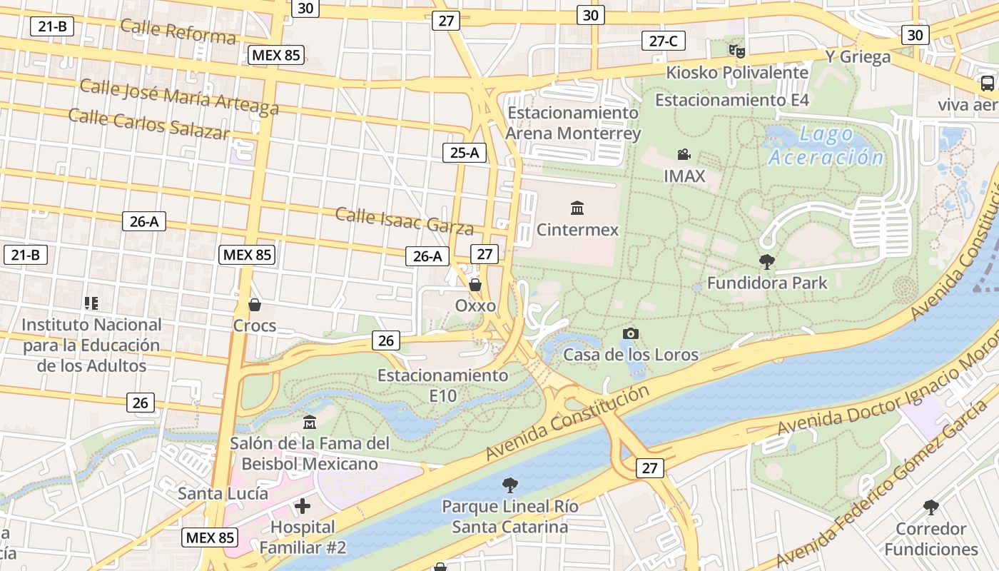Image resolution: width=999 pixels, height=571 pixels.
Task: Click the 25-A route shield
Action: [x=465, y=152]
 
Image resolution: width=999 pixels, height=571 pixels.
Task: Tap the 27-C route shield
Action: [x=663, y=41]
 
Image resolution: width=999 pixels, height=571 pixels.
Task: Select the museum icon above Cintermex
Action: [x=577, y=208]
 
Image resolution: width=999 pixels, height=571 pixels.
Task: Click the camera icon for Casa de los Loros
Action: [x=630, y=333]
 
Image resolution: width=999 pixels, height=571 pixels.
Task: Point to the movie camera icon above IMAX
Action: [x=684, y=155]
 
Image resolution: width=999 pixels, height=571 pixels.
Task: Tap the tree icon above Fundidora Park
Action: [x=767, y=261]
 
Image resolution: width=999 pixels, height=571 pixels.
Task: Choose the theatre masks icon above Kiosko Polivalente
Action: [x=736, y=51]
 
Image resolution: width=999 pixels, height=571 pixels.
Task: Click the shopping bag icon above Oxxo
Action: [x=475, y=285]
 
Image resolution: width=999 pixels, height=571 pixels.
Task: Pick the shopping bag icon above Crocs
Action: [x=255, y=305]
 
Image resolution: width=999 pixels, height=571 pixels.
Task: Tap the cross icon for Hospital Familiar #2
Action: [x=303, y=507]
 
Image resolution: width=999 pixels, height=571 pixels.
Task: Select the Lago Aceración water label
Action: [x=826, y=146]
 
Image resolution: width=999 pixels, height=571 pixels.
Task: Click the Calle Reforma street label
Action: [x=178, y=31]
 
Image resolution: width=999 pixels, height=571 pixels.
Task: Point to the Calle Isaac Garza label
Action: [x=404, y=221]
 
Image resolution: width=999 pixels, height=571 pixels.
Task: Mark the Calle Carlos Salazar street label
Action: [x=149, y=123]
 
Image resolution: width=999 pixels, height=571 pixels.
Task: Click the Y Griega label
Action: [x=858, y=56]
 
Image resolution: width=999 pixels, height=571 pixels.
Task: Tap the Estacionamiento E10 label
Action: [x=442, y=385]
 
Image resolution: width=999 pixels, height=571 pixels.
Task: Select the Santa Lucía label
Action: [x=223, y=493]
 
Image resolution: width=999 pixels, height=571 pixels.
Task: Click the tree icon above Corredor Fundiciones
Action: [x=930, y=507]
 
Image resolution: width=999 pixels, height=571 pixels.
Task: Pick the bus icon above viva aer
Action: [x=988, y=84]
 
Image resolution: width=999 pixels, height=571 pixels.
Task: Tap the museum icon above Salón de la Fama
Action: [x=310, y=423]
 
